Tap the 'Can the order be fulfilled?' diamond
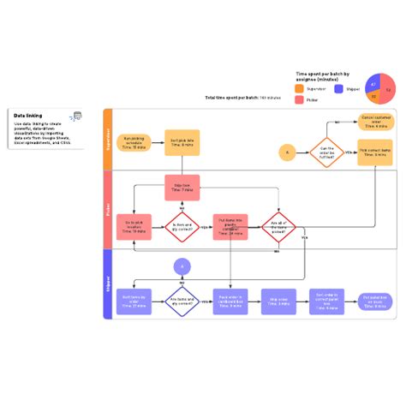pos(326,152)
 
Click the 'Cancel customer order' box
pos(374,122)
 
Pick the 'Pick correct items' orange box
pos(374,152)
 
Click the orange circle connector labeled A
pos(287,152)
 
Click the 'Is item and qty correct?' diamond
pos(182,227)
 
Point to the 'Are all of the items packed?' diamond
pos(278,227)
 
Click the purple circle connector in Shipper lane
pos(182,267)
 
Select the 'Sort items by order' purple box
pos(134,302)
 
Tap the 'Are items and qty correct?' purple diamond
pos(182,302)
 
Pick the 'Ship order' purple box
pos(278,302)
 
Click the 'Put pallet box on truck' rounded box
pos(374,302)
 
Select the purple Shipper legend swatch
pos(339,88)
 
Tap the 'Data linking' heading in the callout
pos(28,114)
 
